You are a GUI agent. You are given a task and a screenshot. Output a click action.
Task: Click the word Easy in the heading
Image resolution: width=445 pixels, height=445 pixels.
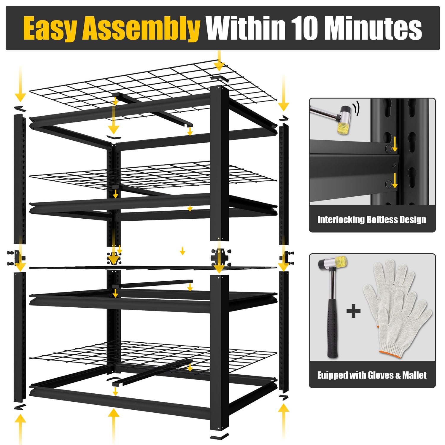[x=51, y=28]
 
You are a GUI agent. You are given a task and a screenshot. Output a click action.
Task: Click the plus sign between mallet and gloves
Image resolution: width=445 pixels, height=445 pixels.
[x=353, y=311]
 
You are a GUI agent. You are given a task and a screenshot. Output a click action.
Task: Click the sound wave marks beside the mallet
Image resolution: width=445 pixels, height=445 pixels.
[x=357, y=108]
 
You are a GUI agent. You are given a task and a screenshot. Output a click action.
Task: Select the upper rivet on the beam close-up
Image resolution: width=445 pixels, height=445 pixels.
[x=388, y=149]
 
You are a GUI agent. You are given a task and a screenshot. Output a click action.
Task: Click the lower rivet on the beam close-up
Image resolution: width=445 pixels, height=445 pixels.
[x=388, y=184]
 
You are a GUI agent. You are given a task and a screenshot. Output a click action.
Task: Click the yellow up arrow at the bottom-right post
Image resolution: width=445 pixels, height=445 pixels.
[x=284, y=421]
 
